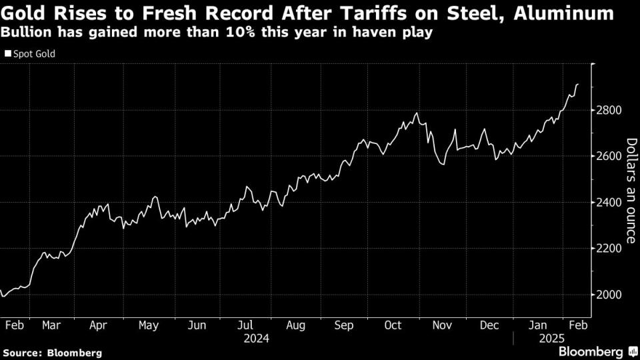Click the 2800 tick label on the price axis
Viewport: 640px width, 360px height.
click(609, 110)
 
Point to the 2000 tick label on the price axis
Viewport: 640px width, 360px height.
click(609, 295)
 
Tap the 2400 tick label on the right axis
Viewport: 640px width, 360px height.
click(609, 202)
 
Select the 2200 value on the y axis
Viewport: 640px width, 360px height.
click(609, 249)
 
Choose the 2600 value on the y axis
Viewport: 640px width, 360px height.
click(609, 156)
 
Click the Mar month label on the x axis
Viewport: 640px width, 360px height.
click(51, 325)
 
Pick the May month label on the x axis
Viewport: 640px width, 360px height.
click(148, 325)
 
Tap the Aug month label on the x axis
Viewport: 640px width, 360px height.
click(295, 325)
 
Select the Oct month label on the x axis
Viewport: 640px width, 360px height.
click(393, 325)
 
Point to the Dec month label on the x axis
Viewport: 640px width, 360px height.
click(490, 325)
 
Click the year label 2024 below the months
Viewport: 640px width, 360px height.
click(256, 339)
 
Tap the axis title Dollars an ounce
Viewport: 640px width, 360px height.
click(630, 190)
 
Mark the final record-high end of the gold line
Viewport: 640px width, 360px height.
click(578, 84)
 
